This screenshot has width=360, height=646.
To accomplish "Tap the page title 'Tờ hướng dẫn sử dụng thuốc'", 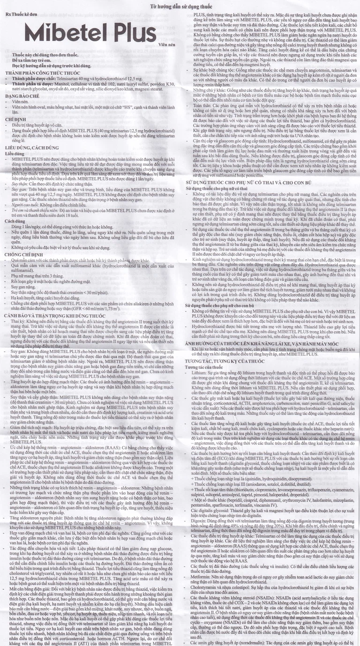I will (180, 6).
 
